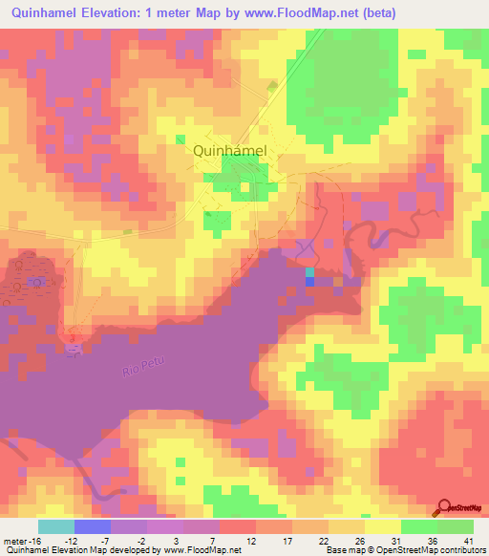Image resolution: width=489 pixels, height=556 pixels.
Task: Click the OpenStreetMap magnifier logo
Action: [446, 507]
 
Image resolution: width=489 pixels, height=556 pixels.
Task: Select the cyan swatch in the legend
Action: [56, 526]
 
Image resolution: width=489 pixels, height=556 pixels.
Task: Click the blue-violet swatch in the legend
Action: [93, 526]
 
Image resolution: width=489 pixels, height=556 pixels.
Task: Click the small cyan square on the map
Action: [308, 272]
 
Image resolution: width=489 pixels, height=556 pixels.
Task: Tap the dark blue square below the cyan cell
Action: [308, 282]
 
